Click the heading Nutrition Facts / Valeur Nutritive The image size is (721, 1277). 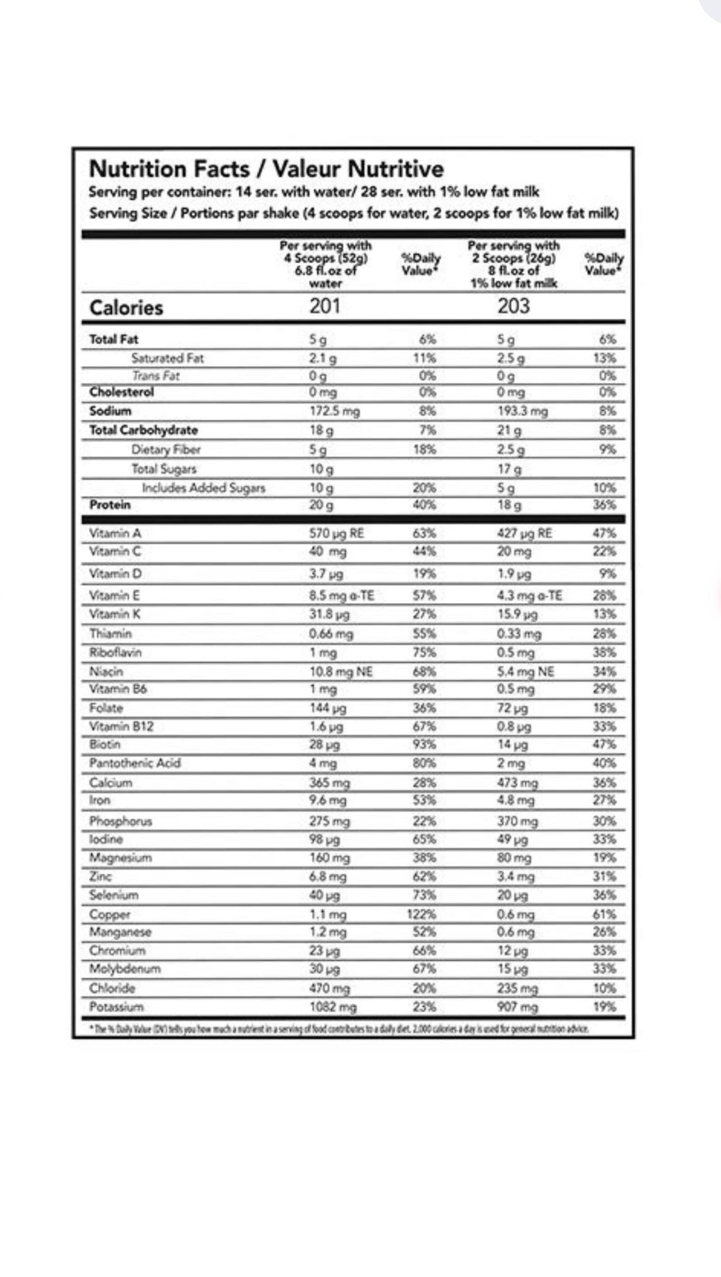[x=266, y=169]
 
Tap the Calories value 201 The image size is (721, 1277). [x=324, y=306]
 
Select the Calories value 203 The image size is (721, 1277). [x=513, y=306]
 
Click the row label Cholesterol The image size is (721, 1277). [x=122, y=392]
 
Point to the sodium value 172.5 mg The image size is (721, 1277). [x=334, y=411]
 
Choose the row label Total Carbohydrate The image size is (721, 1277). [x=143, y=430]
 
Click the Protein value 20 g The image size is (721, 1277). [x=321, y=505]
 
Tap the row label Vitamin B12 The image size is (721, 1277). [x=122, y=727]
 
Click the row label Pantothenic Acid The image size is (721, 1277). [x=135, y=763]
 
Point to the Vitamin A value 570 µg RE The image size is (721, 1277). [x=336, y=534]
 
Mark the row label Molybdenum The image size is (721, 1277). [x=125, y=969]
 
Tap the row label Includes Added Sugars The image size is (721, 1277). [x=204, y=488]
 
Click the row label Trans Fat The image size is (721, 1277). [x=156, y=376]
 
